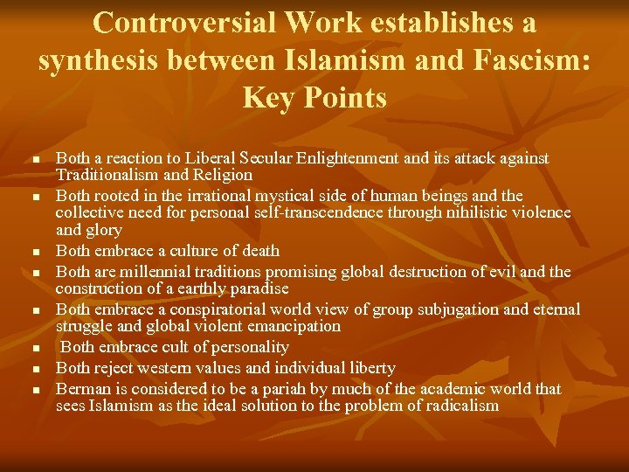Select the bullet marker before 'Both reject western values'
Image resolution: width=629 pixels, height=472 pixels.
coord(35,370)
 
